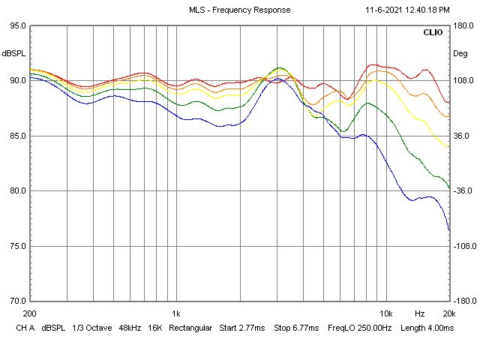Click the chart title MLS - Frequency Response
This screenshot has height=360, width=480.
coord(240,10)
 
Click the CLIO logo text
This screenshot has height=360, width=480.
coord(433,33)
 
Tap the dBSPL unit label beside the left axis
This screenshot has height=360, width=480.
coord(15,54)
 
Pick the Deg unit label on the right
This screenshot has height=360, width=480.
coord(460,54)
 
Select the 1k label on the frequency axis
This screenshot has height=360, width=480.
coord(175,313)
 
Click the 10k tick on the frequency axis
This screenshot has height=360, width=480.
coord(385,313)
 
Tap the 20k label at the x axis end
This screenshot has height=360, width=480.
coord(448,313)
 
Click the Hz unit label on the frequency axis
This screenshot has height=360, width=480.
coord(420,313)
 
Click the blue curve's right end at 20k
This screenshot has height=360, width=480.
coord(448,229)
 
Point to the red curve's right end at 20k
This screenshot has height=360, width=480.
coord(448,103)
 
